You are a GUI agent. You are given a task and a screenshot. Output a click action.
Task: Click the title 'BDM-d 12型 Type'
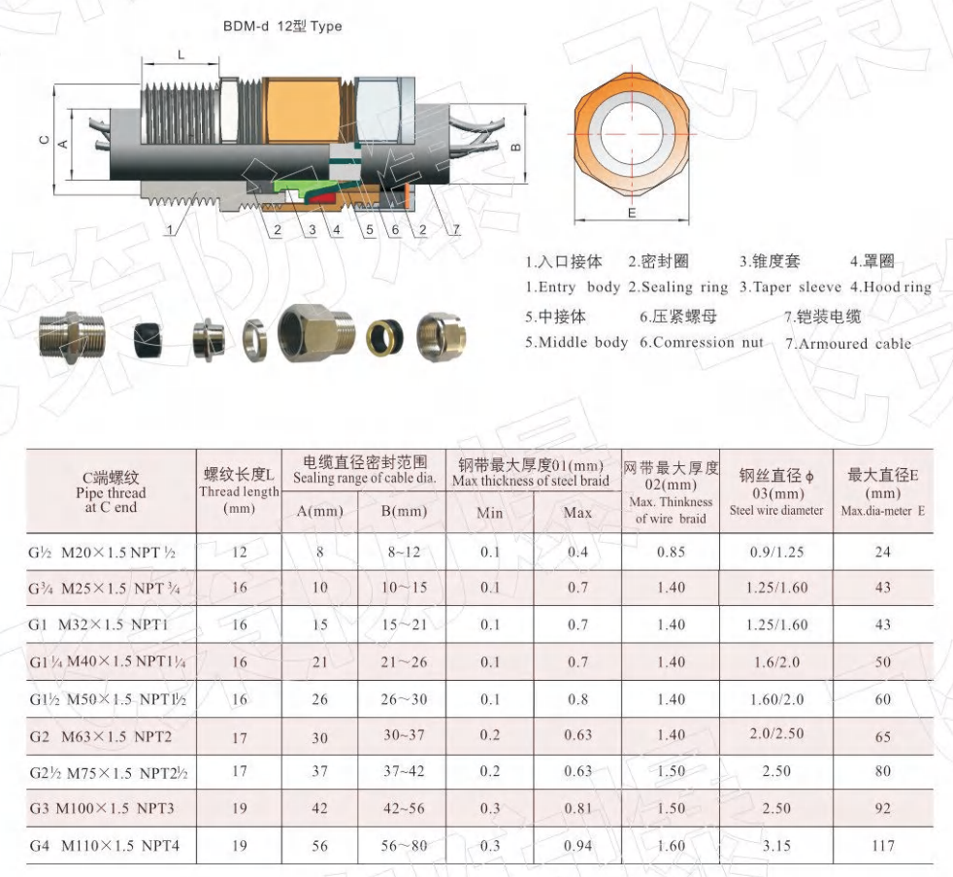point(282,26)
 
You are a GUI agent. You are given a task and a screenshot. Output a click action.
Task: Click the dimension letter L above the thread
point(181,54)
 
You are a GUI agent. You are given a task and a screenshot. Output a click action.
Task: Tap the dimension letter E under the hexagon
point(632,213)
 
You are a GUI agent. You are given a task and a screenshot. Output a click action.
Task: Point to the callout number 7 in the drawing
point(456,229)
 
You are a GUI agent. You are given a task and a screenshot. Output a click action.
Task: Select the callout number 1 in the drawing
point(170,230)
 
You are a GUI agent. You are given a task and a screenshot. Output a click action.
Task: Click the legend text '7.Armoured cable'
point(848,344)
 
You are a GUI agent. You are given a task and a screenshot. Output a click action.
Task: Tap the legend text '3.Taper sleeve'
point(790,287)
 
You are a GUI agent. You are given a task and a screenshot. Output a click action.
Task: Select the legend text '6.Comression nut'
point(701,343)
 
